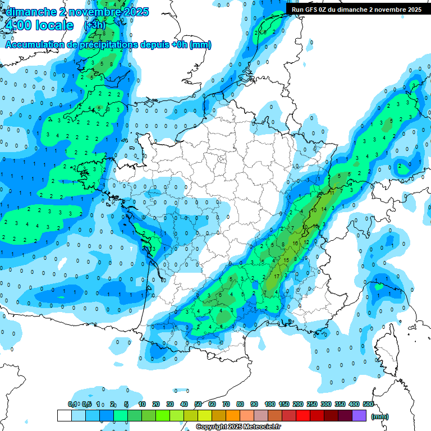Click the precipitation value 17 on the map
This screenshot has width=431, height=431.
pos(277,277)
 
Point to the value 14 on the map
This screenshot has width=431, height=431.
pos(323,209)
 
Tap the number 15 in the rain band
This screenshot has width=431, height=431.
pos(287,259)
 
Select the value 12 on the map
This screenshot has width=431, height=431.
pos(306,242)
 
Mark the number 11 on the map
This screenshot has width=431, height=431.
pos(332,193)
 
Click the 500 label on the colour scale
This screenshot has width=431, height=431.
pos(368,404)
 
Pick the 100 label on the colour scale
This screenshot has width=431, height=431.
pos(270,404)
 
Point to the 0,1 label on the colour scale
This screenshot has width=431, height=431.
pos(72,404)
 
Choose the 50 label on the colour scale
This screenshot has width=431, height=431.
pos(198,404)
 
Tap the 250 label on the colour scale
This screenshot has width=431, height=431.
pos(312,404)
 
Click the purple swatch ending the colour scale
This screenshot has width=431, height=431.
pos(359,415)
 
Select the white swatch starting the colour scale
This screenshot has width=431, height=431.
pos(64,415)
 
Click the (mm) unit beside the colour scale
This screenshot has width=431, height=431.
pos(380,416)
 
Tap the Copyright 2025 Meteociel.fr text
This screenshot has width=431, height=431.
pos(238,427)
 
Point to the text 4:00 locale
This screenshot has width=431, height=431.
pos(38,25)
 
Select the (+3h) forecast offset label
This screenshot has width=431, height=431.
pos(94,25)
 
